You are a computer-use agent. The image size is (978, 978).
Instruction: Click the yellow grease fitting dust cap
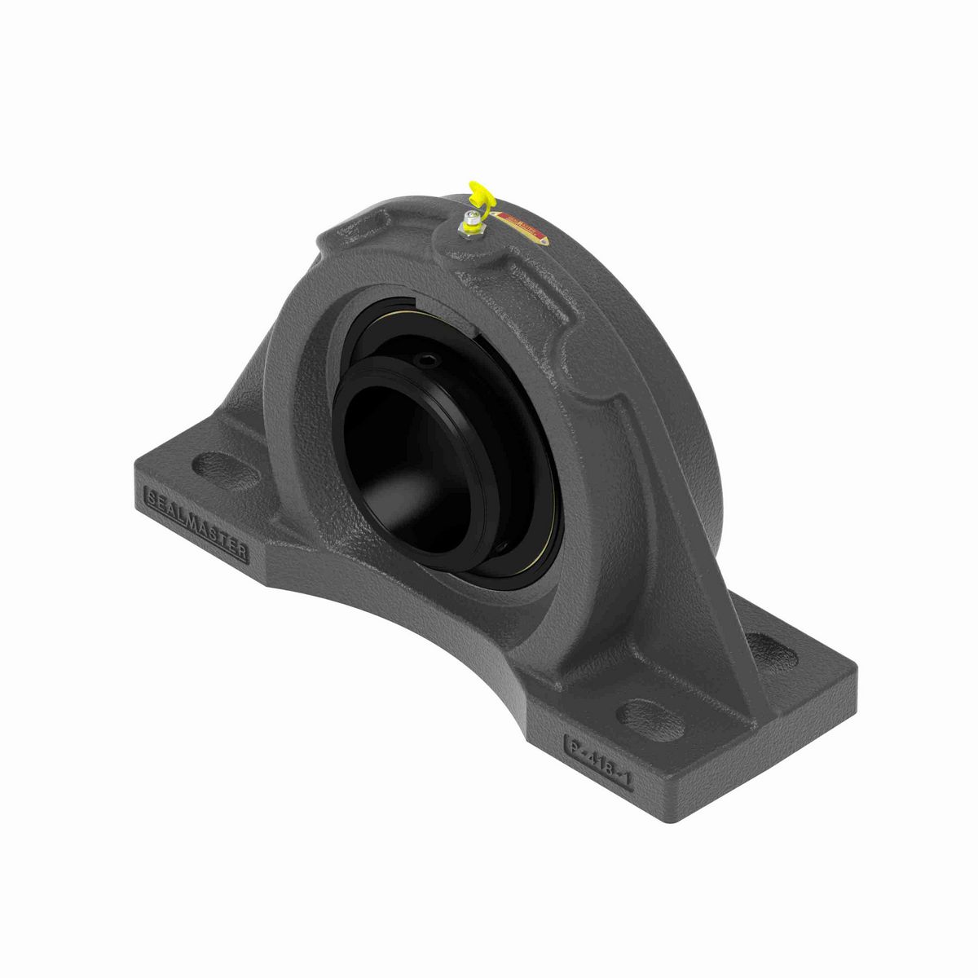click(x=479, y=196)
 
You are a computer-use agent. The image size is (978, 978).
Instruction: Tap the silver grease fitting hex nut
click(x=472, y=219)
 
